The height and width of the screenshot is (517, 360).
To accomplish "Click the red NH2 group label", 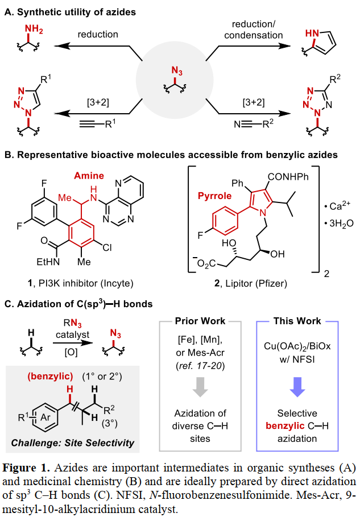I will point(35,29).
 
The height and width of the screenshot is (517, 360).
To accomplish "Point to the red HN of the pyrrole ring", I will point(314,35).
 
